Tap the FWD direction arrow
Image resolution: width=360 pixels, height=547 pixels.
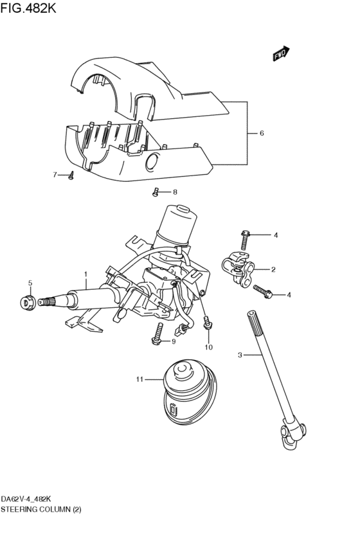[x=281, y=55]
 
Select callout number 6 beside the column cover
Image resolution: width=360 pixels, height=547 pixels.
[x=262, y=134]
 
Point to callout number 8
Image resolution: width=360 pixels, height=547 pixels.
[x=174, y=192]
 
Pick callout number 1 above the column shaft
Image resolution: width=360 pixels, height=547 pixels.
[x=85, y=274]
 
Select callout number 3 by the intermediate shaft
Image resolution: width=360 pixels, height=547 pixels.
[x=240, y=355]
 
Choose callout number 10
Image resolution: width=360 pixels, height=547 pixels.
[x=208, y=348]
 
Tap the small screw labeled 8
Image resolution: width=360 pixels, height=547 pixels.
[x=156, y=191]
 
